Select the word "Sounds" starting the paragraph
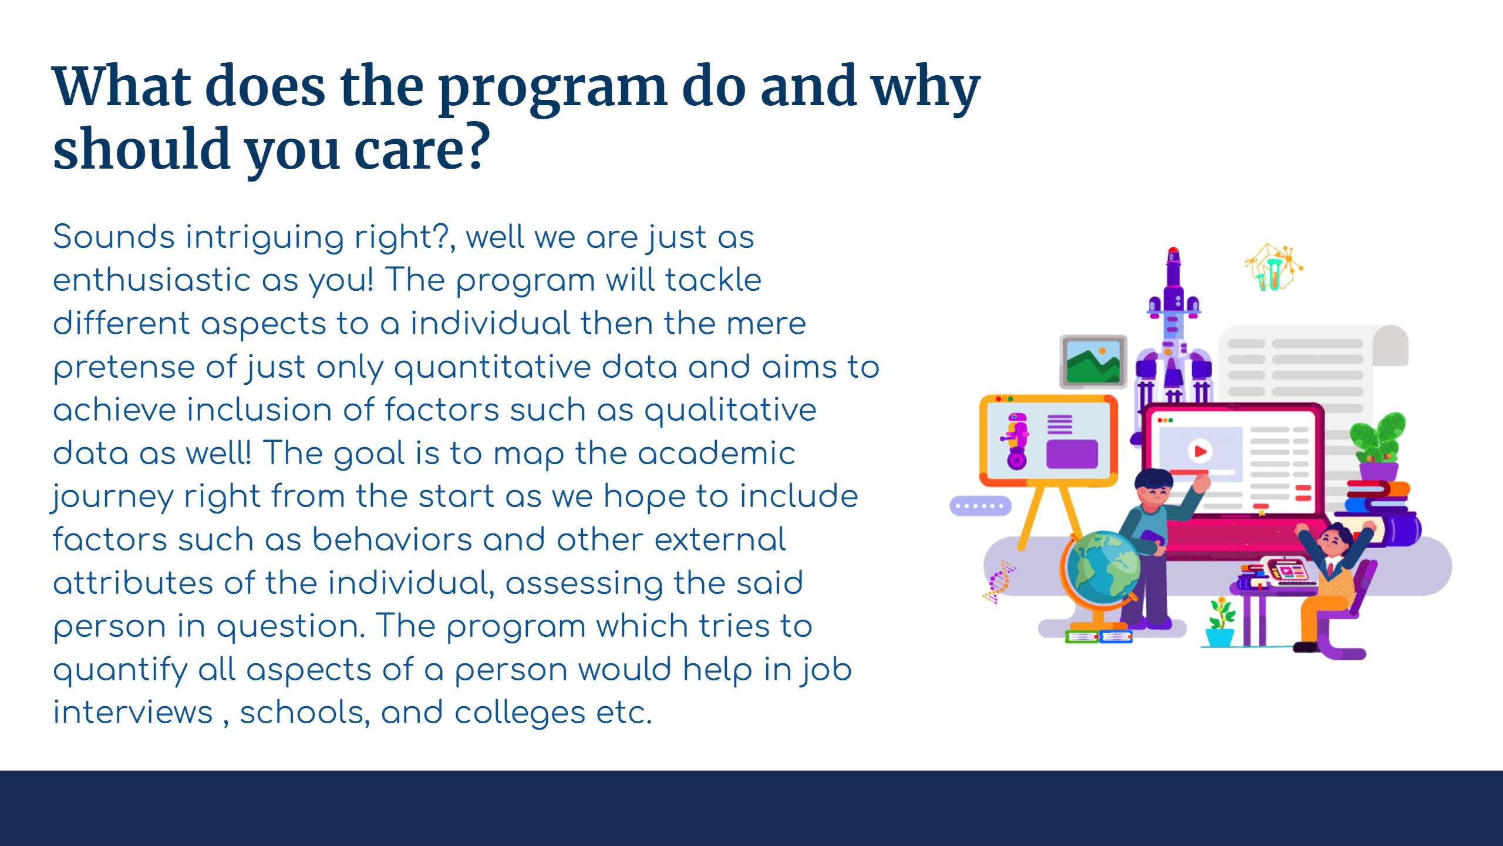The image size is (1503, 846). [x=114, y=237]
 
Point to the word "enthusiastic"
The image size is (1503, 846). [x=151, y=280]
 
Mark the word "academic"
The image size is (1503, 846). [x=716, y=453]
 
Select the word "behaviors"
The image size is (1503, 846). [x=392, y=539]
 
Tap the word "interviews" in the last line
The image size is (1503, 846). [x=133, y=712]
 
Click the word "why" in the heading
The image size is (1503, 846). [x=926, y=89]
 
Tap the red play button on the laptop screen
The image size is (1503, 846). [x=1200, y=451]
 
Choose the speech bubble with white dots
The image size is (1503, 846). [x=980, y=506]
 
